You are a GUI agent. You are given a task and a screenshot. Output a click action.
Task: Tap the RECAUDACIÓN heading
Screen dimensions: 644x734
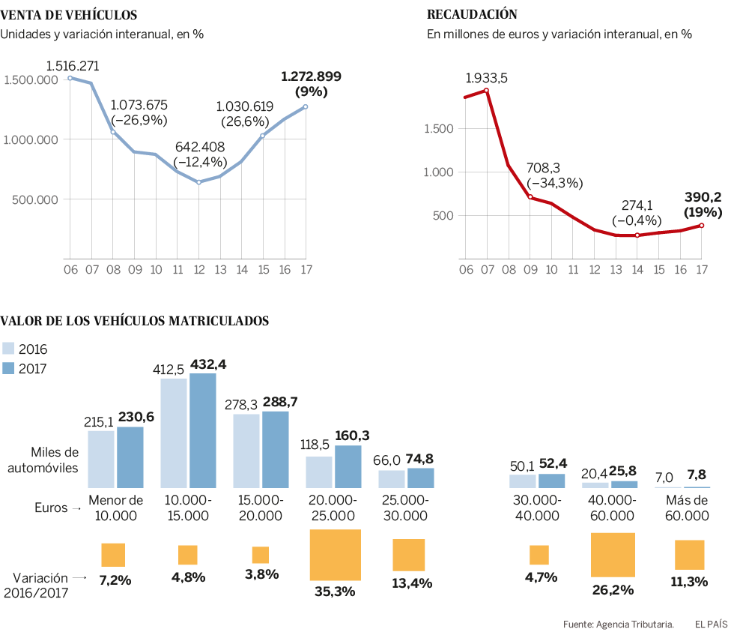coord(472,14)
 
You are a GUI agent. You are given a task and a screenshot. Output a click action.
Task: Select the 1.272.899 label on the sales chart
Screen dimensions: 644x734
coord(311,76)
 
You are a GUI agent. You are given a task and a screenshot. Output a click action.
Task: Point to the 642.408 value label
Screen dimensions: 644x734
coord(200,147)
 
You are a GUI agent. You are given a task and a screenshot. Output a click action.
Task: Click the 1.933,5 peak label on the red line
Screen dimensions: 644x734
coord(486,77)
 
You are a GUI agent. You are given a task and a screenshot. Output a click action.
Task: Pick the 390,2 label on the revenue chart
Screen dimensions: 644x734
coord(704,198)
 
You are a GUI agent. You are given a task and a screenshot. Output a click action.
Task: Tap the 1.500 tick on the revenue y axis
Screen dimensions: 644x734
coord(439,128)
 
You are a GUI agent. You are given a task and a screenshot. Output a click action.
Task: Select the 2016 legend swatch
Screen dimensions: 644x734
coord(8,348)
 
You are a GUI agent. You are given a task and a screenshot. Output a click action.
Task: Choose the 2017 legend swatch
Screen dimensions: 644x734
coord(8,367)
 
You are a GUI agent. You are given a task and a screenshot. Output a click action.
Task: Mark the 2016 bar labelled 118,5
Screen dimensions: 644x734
coord(318,472)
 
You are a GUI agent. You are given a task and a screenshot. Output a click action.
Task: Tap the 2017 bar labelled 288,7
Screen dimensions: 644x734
coord(275,450)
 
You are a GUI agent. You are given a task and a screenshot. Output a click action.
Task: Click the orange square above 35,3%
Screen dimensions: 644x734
coord(336,555)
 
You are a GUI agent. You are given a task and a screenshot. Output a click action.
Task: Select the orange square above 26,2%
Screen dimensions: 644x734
coord(613,554)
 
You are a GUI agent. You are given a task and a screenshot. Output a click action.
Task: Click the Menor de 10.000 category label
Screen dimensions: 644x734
coord(115,508)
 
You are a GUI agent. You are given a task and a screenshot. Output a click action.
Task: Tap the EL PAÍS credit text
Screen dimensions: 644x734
coord(711,624)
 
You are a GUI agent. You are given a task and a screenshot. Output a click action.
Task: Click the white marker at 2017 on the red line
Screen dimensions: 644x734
coord(702,226)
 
